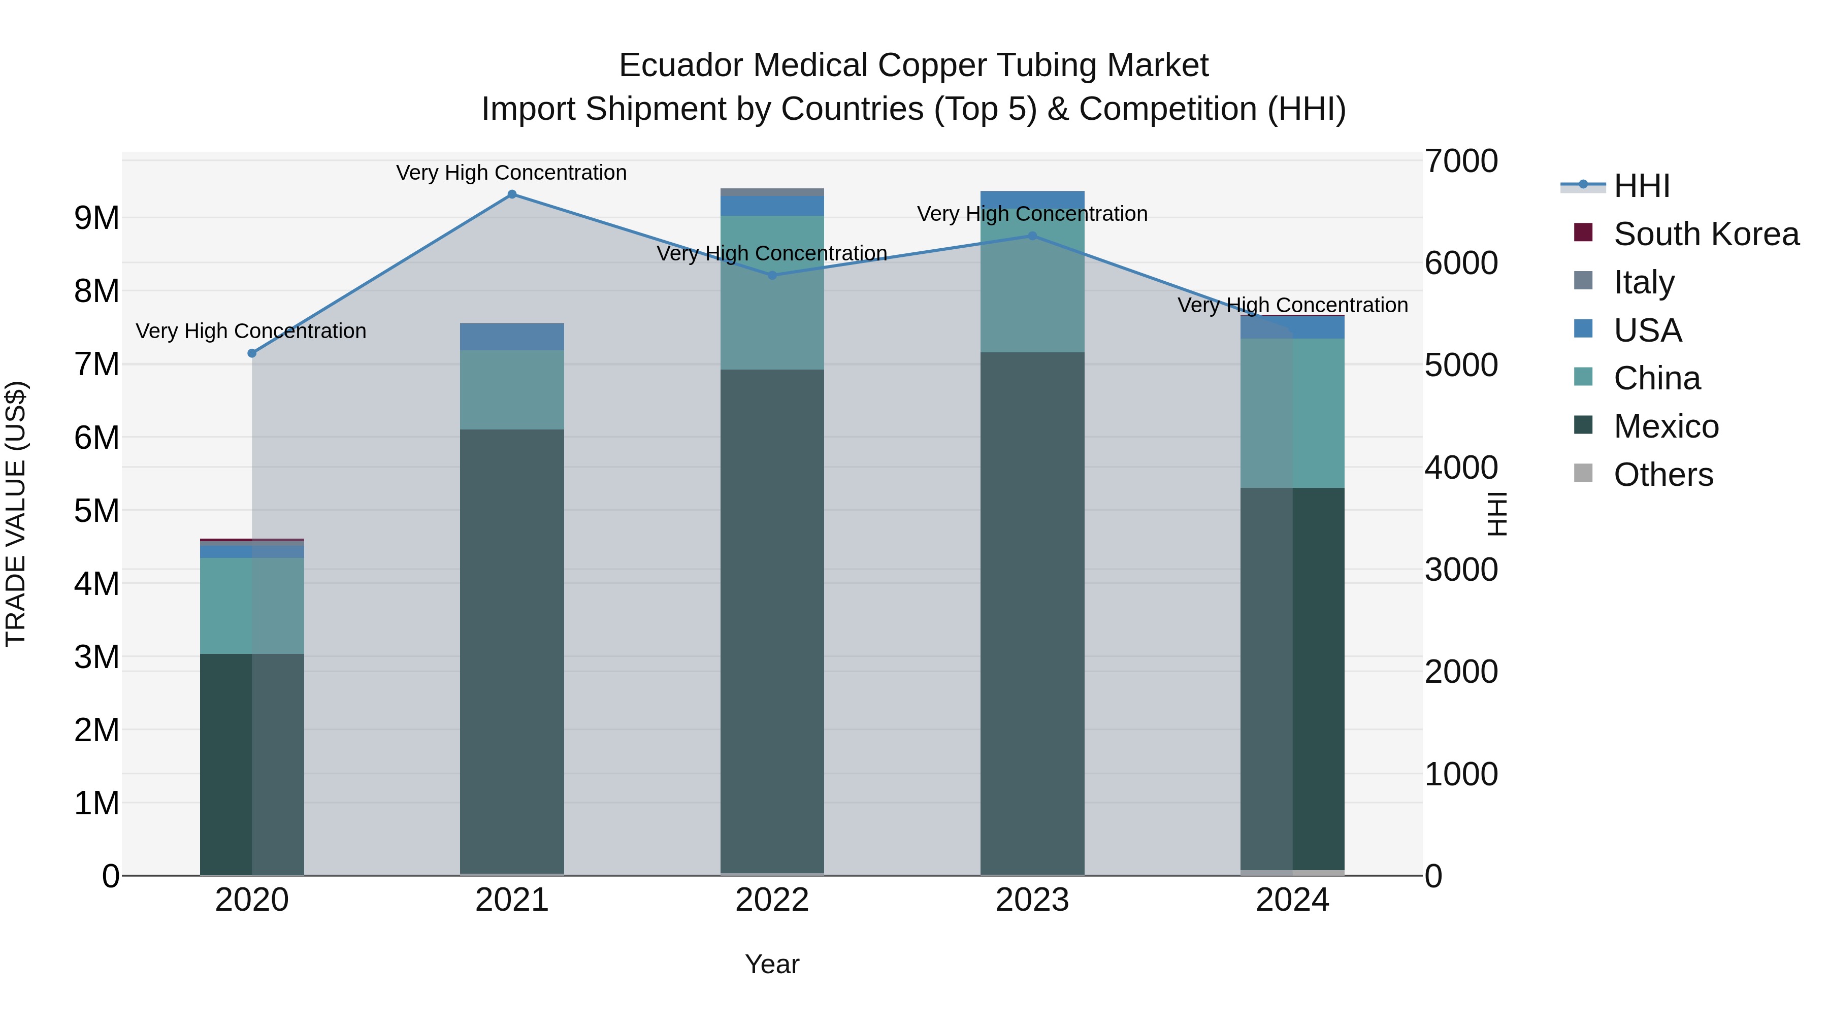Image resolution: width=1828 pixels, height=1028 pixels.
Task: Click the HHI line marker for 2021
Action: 512,194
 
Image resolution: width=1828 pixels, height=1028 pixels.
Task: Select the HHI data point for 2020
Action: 252,353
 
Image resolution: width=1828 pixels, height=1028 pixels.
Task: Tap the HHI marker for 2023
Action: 1032,236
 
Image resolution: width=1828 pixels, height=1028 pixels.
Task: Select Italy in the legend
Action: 1644,282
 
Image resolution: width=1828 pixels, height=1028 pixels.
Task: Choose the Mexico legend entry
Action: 1666,426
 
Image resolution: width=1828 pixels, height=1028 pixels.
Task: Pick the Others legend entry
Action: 1662,475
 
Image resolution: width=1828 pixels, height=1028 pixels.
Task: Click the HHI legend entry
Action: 1641,186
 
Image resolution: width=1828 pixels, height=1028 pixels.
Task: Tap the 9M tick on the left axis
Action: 97,218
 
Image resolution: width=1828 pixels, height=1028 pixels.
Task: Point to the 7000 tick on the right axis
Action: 1461,161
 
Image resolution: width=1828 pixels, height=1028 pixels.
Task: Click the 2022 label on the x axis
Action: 772,900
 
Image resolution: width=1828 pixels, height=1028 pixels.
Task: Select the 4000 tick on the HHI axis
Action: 1461,468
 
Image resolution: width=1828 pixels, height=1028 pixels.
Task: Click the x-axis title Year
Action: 772,964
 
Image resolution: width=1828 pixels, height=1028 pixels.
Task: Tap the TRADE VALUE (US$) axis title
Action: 16,514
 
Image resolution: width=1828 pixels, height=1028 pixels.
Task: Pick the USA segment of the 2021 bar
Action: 512,336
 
